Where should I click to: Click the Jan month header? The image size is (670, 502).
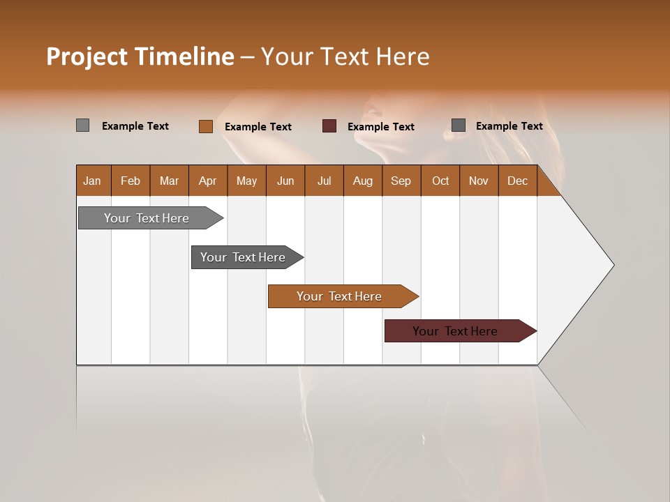coord(92,181)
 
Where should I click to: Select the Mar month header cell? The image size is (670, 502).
coord(169,181)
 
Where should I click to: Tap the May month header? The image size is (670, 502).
coord(246,181)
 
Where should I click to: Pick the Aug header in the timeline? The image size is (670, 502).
coord(362,181)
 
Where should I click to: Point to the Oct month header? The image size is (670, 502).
coord(440,181)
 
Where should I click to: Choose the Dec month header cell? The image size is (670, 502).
coord(517,181)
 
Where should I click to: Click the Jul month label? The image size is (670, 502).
coord(324,181)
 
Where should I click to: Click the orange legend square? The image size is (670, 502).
coord(206,126)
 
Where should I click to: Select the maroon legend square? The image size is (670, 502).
coord(329,126)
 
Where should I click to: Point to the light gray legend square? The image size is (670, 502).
coord(83,125)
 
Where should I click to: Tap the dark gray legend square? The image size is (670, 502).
coord(459,125)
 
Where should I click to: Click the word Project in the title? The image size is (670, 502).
coord(87,56)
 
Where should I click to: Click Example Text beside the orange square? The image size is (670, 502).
coord(258,127)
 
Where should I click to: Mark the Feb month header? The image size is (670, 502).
coord(131,181)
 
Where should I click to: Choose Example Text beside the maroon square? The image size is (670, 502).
coord(381,127)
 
